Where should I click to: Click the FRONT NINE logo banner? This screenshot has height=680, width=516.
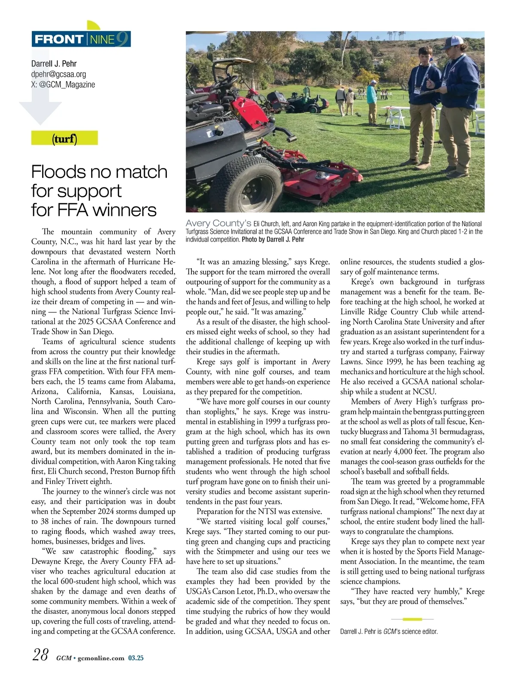click(x=81, y=39)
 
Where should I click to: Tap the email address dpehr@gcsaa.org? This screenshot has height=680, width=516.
click(x=58, y=74)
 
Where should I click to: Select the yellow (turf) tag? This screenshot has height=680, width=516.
click(x=64, y=138)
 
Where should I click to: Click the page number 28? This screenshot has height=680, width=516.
click(x=40, y=655)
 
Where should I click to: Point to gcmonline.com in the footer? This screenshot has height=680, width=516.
click(x=101, y=658)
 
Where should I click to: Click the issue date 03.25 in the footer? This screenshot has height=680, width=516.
click(x=136, y=658)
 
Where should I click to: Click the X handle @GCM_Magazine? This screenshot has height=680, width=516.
click(x=63, y=85)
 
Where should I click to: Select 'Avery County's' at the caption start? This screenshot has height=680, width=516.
click(x=218, y=223)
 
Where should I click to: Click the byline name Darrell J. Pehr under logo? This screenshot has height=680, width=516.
click(x=54, y=64)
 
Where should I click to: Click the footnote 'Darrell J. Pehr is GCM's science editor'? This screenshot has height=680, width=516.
click(x=389, y=631)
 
